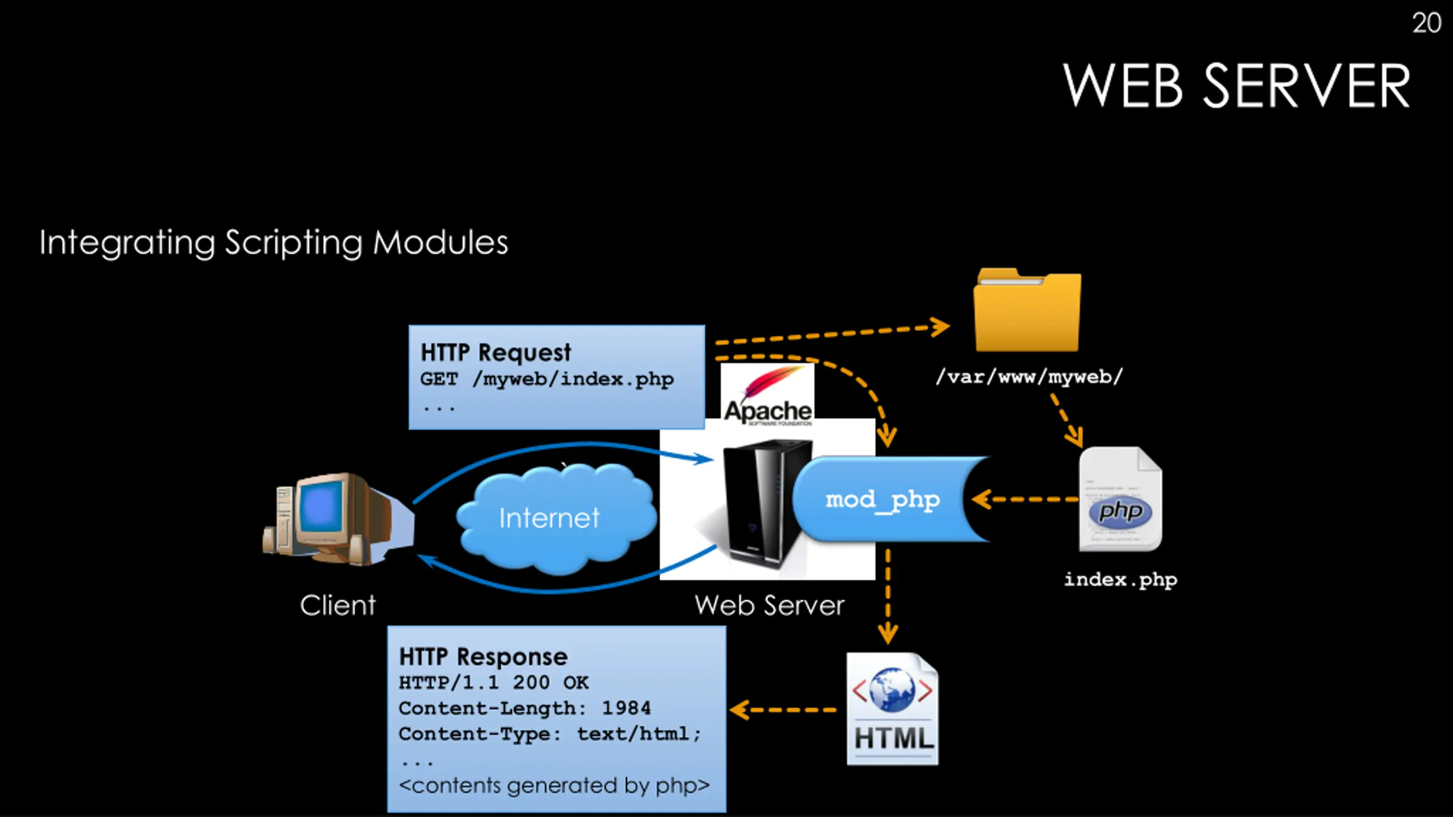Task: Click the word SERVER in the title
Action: tap(1305, 86)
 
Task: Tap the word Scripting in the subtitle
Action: tap(293, 243)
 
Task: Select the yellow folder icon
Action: tap(1027, 311)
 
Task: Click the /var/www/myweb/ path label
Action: tap(1029, 377)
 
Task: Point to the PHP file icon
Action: tap(1120, 499)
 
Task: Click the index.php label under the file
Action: tap(1120, 580)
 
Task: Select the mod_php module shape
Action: tap(883, 499)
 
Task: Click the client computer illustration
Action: tap(335, 519)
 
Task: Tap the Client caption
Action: tap(338, 605)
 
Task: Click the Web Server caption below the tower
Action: tap(769, 605)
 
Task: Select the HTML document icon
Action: tap(892, 709)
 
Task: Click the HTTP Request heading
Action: tap(495, 352)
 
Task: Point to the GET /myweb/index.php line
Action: tap(547, 379)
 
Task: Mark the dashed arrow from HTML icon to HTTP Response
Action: tap(783, 710)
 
